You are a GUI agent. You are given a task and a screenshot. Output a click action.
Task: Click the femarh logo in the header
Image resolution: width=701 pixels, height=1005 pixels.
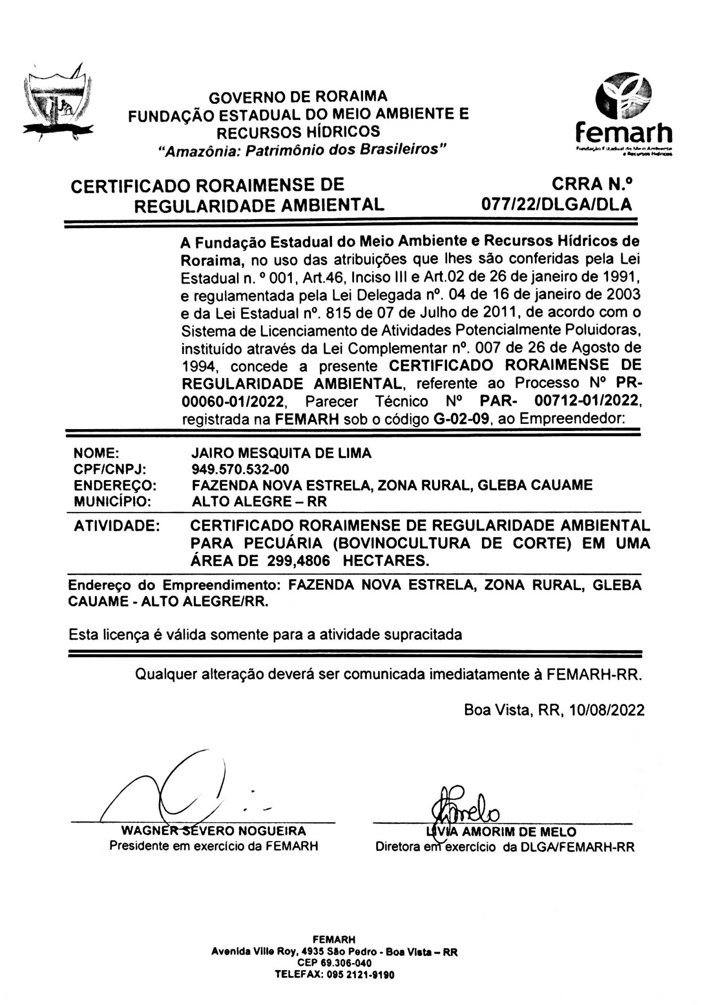(624, 114)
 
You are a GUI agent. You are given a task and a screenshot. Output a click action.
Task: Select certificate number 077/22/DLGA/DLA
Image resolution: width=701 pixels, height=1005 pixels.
(556, 204)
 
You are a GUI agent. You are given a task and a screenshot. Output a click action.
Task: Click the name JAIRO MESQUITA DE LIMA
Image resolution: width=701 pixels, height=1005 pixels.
(281, 453)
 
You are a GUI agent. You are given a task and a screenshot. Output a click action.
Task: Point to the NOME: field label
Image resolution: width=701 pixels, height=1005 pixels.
(96, 453)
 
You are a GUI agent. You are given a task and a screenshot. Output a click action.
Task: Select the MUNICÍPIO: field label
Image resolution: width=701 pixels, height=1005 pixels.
(112, 501)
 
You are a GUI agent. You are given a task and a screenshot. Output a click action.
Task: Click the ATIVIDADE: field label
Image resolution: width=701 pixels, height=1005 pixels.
(117, 525)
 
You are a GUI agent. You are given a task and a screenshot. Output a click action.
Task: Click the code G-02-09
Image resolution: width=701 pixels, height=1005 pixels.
(461, 419)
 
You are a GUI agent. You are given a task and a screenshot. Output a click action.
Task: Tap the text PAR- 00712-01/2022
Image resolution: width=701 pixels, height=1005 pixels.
(560, 401)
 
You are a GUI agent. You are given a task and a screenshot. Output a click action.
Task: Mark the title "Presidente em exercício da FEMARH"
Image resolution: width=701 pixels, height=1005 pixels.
(213, 846)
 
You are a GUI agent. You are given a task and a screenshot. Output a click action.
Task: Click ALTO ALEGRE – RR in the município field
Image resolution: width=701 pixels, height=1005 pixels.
(259, 501)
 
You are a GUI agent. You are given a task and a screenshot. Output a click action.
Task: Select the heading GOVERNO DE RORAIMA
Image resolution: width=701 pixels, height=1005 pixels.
(298, 97)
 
